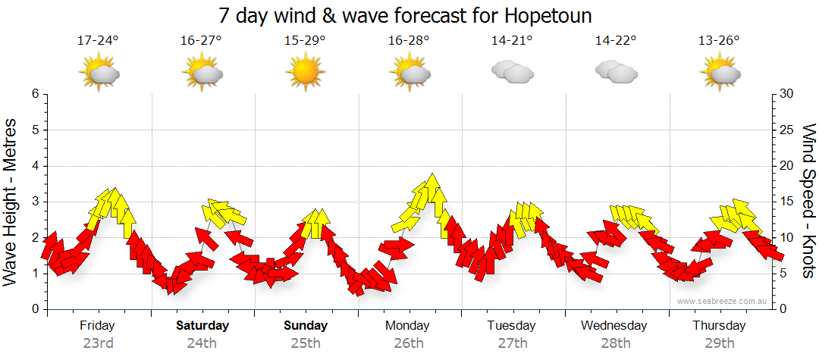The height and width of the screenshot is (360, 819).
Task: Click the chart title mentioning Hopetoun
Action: pyautogui.click(x=405, y=15)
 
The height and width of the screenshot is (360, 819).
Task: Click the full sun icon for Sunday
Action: pyautogui.click(x=305, y=71)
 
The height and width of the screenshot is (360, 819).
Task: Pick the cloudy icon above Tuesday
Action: pyautogui.click(x=511, y=71)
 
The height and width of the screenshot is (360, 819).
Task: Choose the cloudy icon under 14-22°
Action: pyautogui.click(x=615, y=71)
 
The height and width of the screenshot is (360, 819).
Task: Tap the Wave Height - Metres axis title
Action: pyautogui.click(x=11, y=201)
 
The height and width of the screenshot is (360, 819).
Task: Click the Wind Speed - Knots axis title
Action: pyautogui.click(x=808, y=201)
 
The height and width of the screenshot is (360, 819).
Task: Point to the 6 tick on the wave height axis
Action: pyautogui.click(x=34, y=94)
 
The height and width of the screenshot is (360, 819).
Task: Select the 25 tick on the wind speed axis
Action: pyautogui.click(x=787, y=130)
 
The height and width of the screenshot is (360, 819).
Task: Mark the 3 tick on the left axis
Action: pyautogui.click(x=34, y=202)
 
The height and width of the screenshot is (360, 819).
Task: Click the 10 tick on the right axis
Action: pyautogui.click(x=787, y=237)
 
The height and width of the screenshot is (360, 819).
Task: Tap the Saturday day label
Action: pyautogui.click(x=202, y=326)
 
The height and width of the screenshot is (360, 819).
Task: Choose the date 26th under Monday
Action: pyautogui.click(x=409, y=343)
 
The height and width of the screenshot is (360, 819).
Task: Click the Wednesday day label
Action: pyautogui.click(x=614, y=326)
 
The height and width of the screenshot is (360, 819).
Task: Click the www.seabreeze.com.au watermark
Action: pyautogui.click(x=723, y=301)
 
